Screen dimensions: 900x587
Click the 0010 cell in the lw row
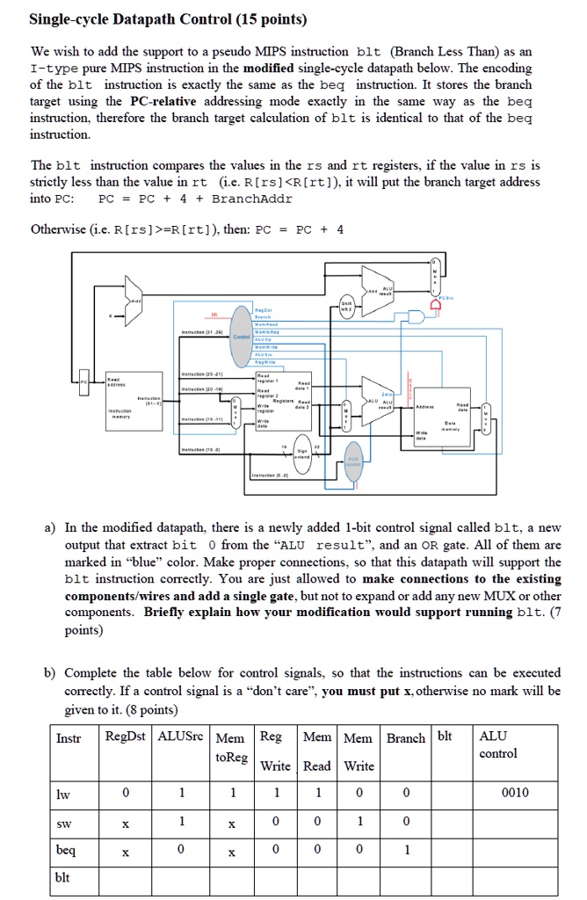(x=515, y=792)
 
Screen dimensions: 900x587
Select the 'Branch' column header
(x=405, y=737)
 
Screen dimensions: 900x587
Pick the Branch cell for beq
(x=405, y=850)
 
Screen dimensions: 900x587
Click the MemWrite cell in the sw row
(x=359, y=821)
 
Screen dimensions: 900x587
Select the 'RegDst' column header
(x=126, y=737)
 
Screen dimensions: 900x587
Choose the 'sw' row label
(x=63, y=821)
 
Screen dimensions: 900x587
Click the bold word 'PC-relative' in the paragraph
(x=166, y=101)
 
